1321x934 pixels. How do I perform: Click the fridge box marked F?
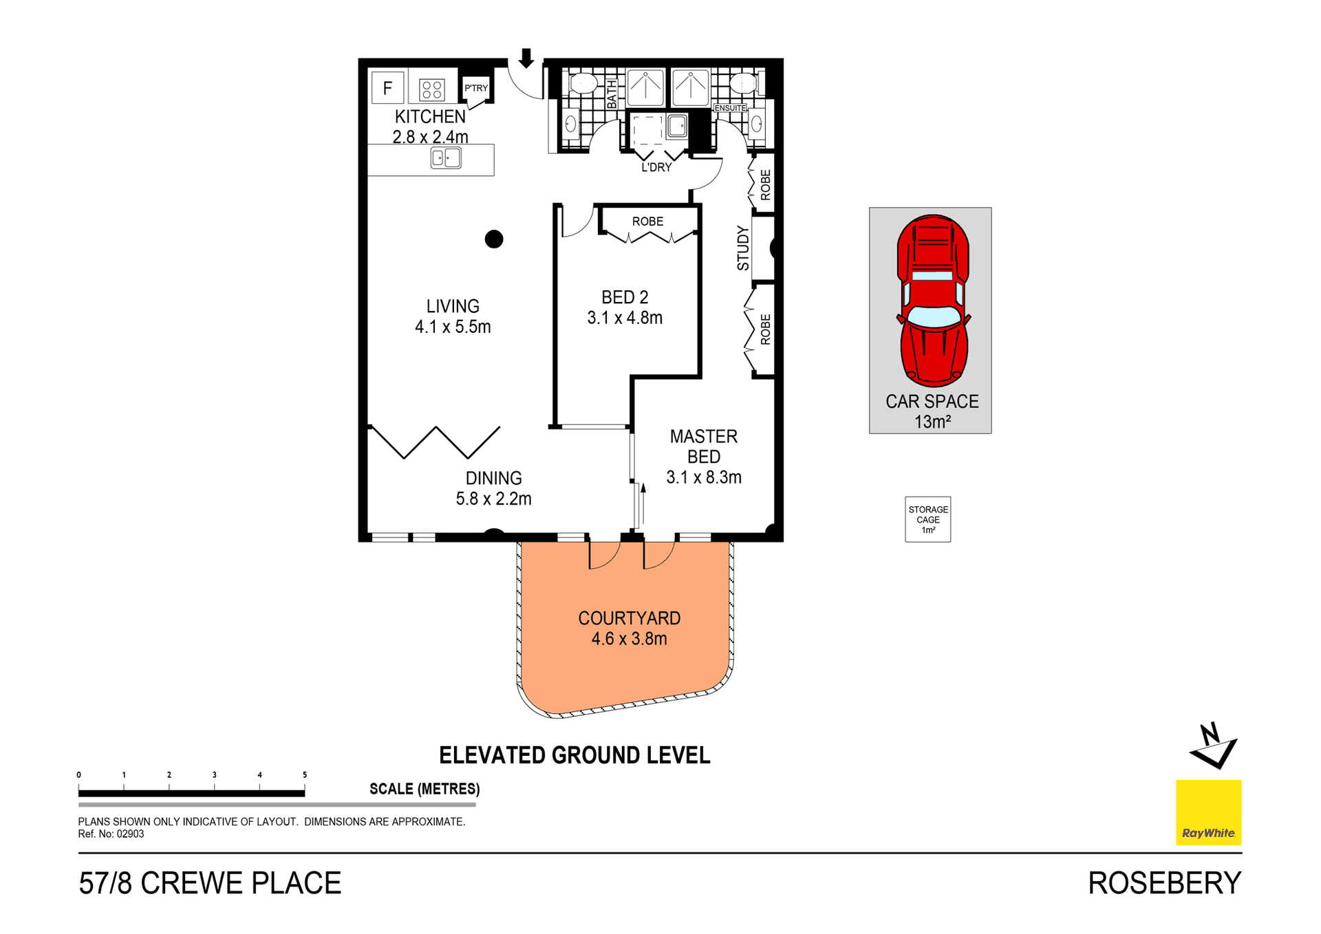[x=387, y=87]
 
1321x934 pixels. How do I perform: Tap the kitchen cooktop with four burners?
[x=432, y=89]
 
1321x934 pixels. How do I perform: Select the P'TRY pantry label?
[x=476, y=88]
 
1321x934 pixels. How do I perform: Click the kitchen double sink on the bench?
[x=446, y=158]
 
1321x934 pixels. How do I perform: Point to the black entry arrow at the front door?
[x=526, y=58]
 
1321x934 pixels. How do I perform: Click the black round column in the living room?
[x=494, y=239]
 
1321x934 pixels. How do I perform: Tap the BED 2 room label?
[x=625, y=297]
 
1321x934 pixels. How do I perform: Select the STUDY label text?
[x=743, y=248]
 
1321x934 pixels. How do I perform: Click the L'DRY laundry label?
[x=656, y=167]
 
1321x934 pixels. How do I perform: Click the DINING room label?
[x=494, y=478]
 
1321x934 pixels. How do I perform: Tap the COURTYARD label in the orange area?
[x=629, y=618]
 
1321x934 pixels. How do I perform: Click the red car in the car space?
[x=933, y=300]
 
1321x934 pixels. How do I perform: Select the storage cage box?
[x=928, y=519]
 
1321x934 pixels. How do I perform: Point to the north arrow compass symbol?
[x=1214, y=746]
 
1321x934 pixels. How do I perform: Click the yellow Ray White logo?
[x=1209, y=812]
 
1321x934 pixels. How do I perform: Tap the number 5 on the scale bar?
[x=305, y=774]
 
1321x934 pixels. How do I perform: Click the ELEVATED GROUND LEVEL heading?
[x=574, y=755]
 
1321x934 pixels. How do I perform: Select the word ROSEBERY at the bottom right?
[x=1165, y=883]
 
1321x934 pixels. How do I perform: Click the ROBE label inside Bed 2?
[x=648, y=221]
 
